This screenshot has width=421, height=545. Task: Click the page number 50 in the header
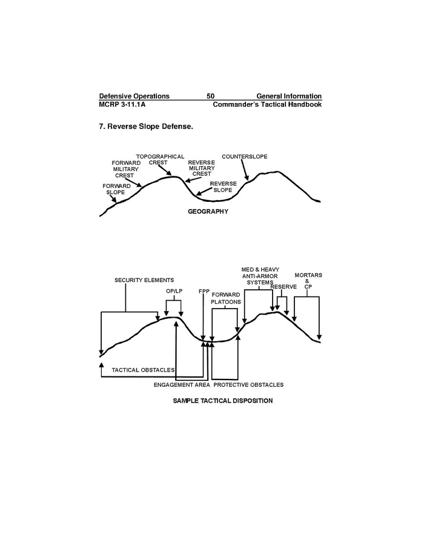(210, 96)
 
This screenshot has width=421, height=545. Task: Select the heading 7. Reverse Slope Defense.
(145, 127)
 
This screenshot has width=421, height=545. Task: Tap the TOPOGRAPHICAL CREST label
(160, 159)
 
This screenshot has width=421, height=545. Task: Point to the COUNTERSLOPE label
(244, 156)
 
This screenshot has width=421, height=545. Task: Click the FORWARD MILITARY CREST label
(126, 169)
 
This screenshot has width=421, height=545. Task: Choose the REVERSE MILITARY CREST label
(201, 168)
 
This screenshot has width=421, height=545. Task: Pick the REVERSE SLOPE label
(222, 186)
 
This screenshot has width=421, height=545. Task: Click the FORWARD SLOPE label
(116, 189)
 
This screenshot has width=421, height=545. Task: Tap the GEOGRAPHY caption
(208, 212)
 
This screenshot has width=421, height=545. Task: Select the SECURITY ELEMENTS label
(144, 280)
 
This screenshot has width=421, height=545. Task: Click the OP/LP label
(174, 291)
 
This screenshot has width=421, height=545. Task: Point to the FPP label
(204, 291)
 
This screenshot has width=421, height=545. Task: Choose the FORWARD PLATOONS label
(225, 298)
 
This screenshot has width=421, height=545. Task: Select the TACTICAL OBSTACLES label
(144, 369)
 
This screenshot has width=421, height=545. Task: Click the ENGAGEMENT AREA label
(182, 385)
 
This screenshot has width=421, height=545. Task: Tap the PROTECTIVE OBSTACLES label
(248, 385)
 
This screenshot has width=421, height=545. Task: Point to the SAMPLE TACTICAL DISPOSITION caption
(223, 401)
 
